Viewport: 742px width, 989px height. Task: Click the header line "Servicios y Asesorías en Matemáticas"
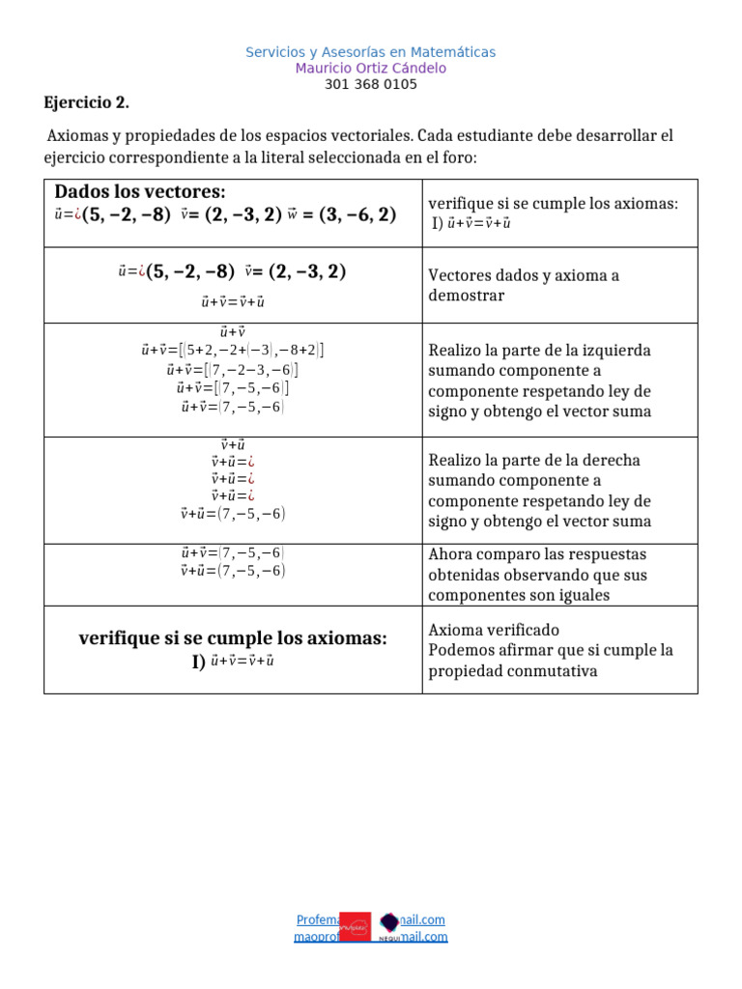click(370, 52)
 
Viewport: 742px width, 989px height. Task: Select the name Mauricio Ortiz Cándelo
click(370, 69)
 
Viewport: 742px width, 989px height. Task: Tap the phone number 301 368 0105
click(370, 84)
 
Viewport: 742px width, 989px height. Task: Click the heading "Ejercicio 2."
click(86, 103)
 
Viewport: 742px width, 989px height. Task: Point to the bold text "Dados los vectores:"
click(139, 191)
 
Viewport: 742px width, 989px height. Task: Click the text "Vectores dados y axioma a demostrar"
click(524, 285)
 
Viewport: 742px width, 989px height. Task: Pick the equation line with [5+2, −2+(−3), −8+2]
click(232, 351)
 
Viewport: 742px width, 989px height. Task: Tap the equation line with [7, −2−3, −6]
click(232, 370)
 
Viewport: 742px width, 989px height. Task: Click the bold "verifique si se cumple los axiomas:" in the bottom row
click(232, 638)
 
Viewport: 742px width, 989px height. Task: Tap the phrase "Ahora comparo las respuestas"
click(537, 554)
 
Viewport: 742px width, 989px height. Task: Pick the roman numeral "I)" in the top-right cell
click(437, 223)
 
